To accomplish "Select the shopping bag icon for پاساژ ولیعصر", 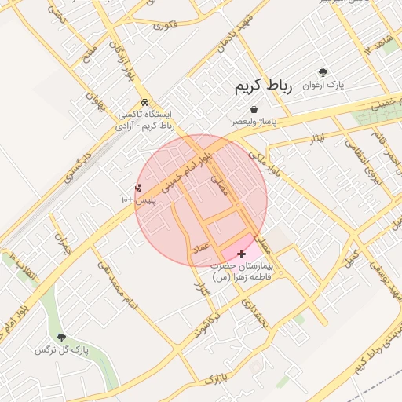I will click(x=254, y=110).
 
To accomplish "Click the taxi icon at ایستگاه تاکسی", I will click(x=144, y=102).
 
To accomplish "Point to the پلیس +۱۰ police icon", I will click(x=139, y=188).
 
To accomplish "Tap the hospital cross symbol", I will click(x=241, y=254).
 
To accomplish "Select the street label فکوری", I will click(x=166, y=26).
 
